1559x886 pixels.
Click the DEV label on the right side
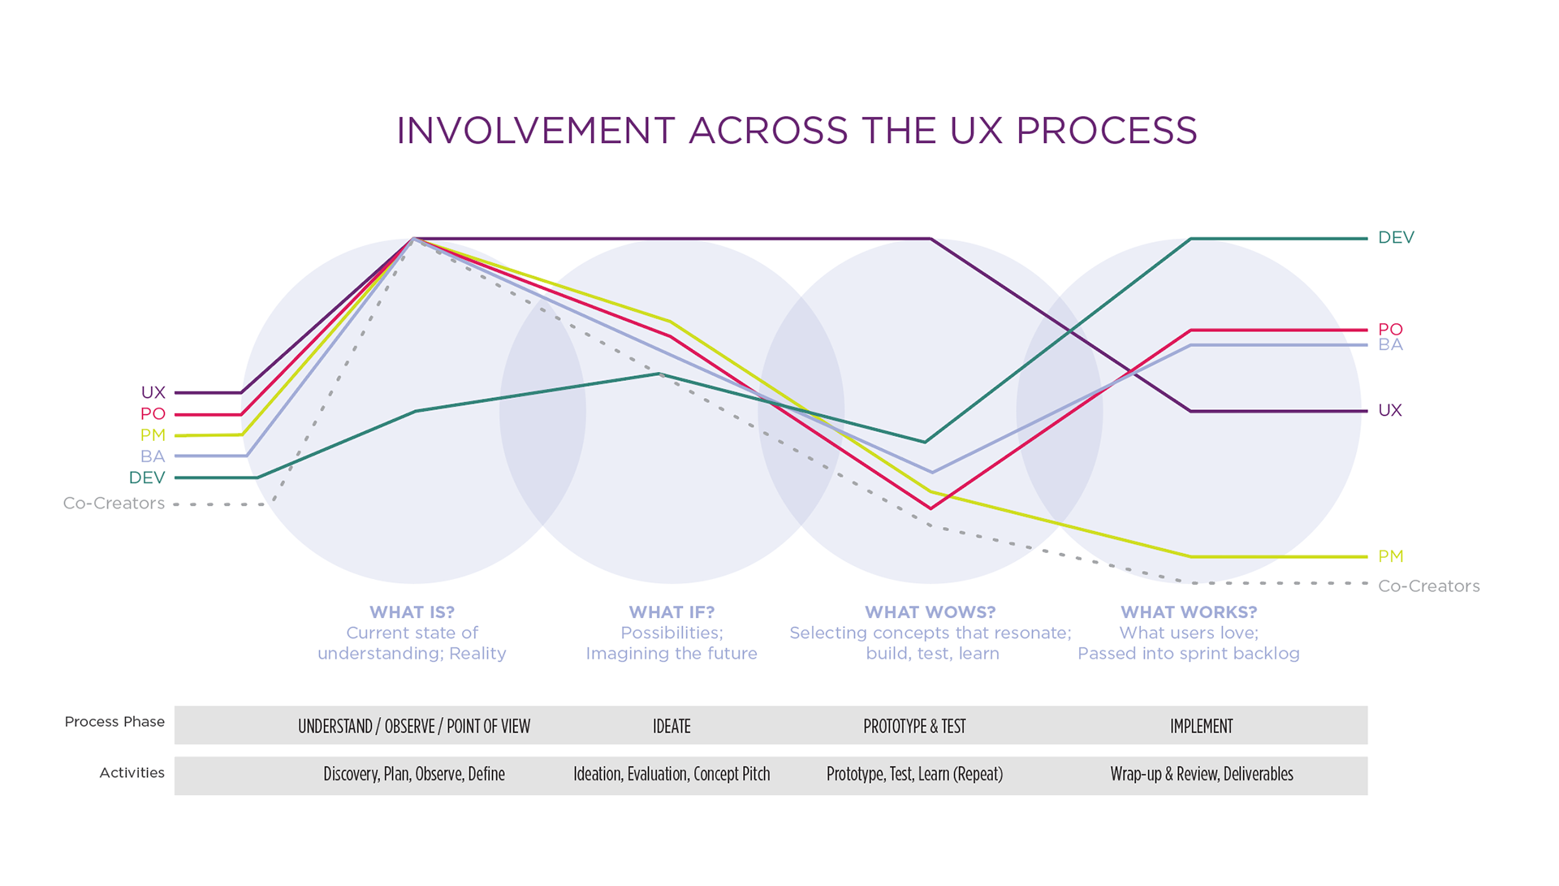[x=1396, y=238]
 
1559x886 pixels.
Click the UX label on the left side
[x=153, y=393]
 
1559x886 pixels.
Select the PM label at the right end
[x=1390, y=557]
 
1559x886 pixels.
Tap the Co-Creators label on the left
[x=114, y=504]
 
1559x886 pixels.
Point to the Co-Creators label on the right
[x=1428, y=586]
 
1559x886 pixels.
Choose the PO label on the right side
[x=1390, y=330]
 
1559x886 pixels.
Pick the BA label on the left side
[x=153, y=456]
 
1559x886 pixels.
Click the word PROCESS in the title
[x=1106, y=131]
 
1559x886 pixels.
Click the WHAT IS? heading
[x=412, y=612]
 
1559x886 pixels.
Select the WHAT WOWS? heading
[x=930, y=612]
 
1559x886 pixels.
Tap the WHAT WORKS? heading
[x=1189, y=612]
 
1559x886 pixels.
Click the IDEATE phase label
[x=672, y=726]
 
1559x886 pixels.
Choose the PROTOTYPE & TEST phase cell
[x=914, y=726]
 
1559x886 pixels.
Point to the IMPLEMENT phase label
[x=1201, y=726]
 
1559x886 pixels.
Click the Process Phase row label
[x=114, y=722]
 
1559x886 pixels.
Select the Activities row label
[x=132, y=773]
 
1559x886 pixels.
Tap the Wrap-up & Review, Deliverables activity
[x=1201, y=774]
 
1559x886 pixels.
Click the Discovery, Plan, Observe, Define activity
[x=414, y=774]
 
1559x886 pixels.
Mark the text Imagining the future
[x=672, y=654]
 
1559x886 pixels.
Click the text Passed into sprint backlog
[x=1189, y=654]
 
